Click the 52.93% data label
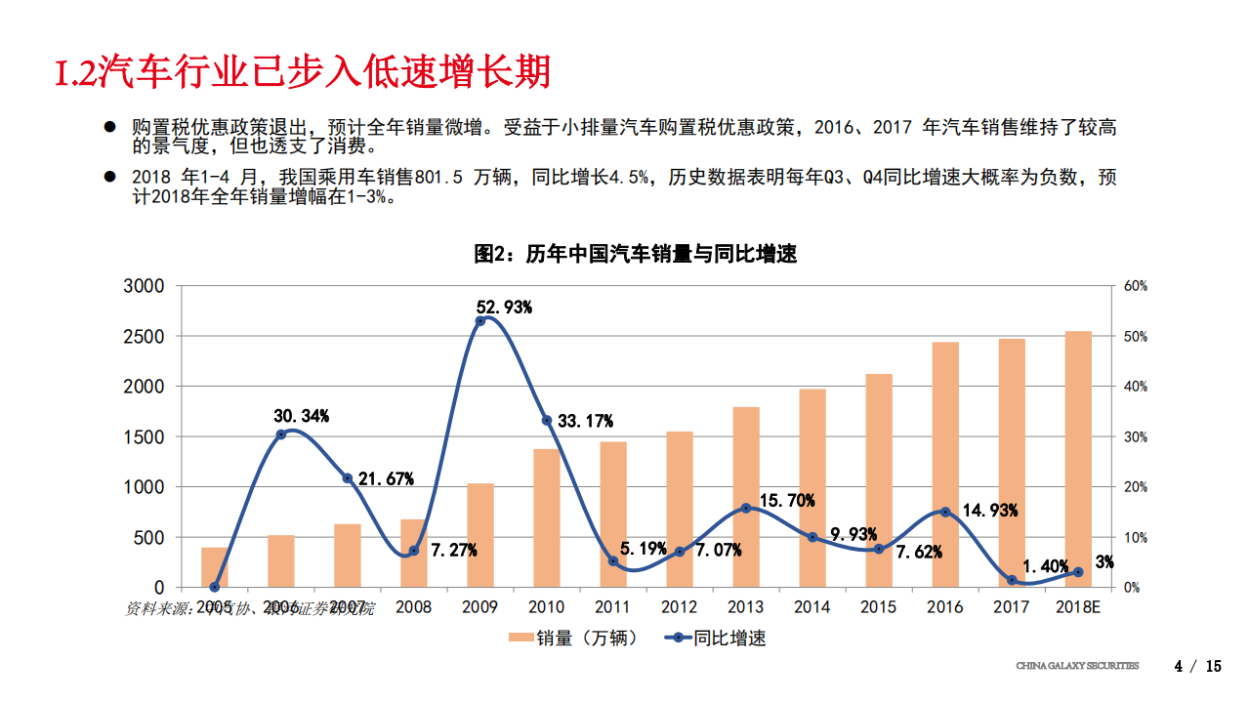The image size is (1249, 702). pos(504,308)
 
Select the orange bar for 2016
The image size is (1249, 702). pos(944,465)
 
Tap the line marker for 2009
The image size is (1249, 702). pos(480,321)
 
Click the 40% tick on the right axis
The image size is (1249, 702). pos(1136,387)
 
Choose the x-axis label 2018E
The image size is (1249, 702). pos(1078,607)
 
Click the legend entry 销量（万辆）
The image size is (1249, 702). pos(573,639)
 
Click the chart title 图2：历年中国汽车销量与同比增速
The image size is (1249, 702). pos(635,254)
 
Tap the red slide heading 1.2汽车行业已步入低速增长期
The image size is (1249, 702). pos(303,73)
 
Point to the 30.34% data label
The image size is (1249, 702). pos(301,416)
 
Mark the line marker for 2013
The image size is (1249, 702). pos(746,508)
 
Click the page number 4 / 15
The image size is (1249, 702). pos(1198,667)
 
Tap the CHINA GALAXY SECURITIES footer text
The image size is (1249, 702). pos(1077,667)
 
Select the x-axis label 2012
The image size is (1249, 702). pos(679,607)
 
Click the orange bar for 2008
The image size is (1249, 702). pos(414,553)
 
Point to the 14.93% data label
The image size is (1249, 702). pos(990,510)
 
